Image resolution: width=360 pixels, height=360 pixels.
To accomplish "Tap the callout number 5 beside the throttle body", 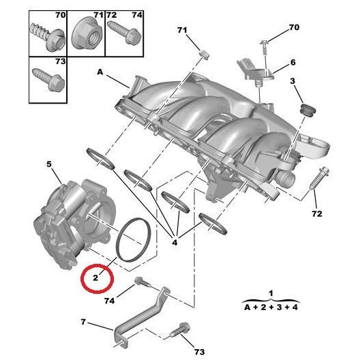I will [x=48, y=164].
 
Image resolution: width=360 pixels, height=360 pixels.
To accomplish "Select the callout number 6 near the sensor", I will [x=293, y=62].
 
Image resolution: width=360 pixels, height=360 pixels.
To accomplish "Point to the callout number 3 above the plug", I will [x=293, y=82].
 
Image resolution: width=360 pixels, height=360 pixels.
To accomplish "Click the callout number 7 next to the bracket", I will [x=82, y=321].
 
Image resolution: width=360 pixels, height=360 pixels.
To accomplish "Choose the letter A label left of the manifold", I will [x=100, y=71].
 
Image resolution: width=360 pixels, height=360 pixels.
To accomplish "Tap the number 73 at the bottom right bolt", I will [x=199, y=351].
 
